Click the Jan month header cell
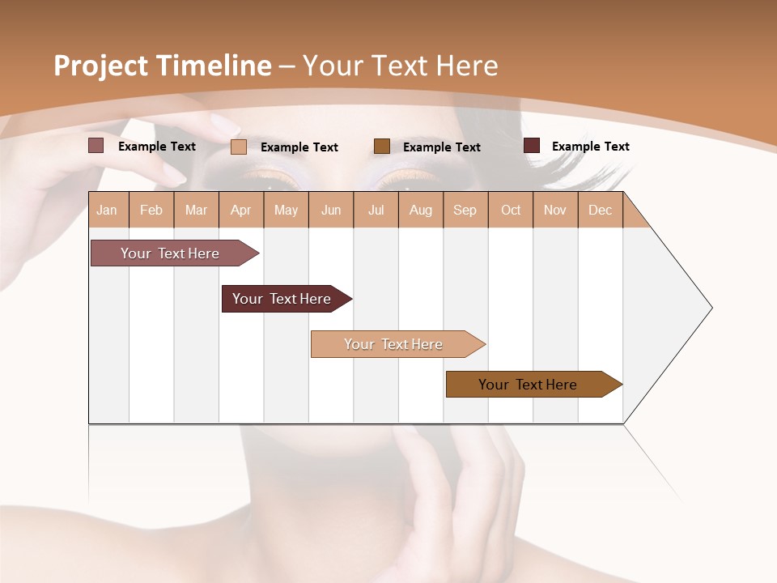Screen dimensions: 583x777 pos(108,210)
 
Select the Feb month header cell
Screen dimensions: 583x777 pos(151,210)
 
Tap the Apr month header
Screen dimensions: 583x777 pos(241,210)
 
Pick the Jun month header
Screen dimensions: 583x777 pos(331,210)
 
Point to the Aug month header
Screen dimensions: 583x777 pos(421,210)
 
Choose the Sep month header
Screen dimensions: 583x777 pos(465,210)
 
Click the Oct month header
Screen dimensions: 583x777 pos(511,210)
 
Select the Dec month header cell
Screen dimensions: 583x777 pos(601,210)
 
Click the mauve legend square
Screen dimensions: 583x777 pos(96,146)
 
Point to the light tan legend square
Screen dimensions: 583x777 pos(239,147)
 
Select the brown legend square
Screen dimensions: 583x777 pos(382,146)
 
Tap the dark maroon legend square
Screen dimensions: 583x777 pos(532,146)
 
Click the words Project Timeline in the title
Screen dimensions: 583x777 pos(162,66)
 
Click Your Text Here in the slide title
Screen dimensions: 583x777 pos(400,66)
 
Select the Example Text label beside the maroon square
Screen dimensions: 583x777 pos(590,147)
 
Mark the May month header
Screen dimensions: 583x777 pos(286,210)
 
